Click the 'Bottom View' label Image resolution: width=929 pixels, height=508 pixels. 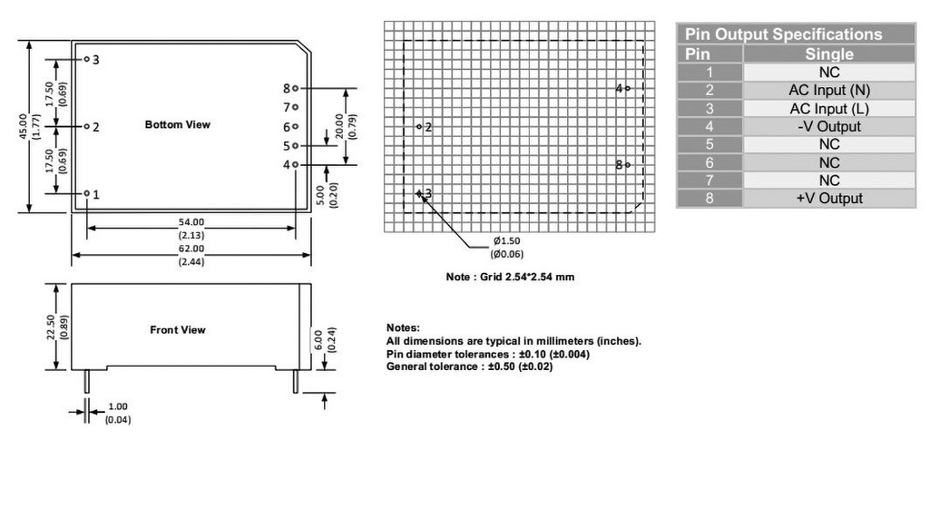[177, 124]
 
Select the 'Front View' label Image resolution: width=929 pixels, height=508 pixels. [178, 330]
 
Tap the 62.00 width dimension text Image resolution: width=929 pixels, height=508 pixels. [191, 247]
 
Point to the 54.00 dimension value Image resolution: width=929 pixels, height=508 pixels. [191, 221]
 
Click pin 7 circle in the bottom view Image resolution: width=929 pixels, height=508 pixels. [296, 107]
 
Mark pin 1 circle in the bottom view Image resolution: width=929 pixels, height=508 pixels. [87, 193]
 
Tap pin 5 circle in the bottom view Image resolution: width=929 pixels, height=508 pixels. [296, 145]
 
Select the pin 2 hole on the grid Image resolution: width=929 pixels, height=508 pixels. [419, 127]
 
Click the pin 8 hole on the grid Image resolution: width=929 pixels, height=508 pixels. [627, 164]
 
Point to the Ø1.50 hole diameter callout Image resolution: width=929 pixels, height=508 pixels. [506, 240]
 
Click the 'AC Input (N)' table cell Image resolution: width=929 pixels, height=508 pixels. [828, 90]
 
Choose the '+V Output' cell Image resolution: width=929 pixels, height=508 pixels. [828, 198]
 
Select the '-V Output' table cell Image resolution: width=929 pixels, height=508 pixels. [828, 126]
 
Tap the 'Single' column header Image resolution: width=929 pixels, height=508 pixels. [828, 54]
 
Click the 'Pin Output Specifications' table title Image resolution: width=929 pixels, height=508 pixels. [783, 34]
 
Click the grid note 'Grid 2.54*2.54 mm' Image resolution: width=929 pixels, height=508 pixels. [510, 277]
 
